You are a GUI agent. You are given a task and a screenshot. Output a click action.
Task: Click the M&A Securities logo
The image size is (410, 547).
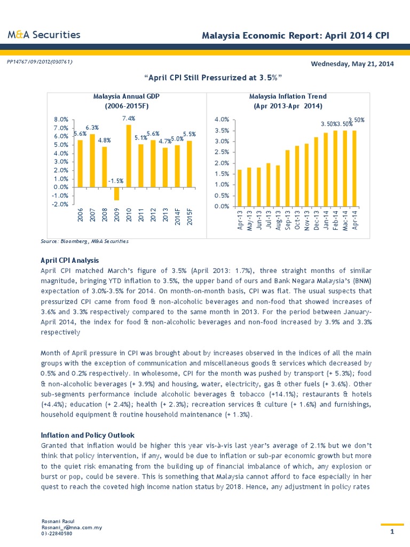coord(44,35)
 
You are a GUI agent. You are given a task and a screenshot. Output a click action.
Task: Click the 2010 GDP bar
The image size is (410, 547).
coord(129,156)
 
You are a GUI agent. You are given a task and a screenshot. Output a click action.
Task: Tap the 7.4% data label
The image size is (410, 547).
coord(128,118)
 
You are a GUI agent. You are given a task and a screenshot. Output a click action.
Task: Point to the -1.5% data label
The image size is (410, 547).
coord(116,181)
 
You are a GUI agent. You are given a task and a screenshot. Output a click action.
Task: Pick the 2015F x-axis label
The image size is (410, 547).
coord(190,218)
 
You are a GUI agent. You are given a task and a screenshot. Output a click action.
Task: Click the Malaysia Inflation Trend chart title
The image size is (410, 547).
coord(288,101)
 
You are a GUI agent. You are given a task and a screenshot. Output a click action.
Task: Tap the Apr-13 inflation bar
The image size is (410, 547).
coord(240,187)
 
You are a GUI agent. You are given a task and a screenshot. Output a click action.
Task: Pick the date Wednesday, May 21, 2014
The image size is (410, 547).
coord(352,64)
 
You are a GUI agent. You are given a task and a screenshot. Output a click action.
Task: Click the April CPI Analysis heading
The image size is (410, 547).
coord(70,260)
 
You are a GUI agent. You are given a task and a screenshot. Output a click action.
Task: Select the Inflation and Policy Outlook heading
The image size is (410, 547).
coord(88,435)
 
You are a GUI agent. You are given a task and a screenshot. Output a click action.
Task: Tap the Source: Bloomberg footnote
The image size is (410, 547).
coord(85,241)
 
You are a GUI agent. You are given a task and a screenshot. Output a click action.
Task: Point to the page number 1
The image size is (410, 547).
coord(392,532)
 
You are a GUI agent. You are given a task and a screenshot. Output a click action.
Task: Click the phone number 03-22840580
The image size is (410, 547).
coord(57,533)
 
